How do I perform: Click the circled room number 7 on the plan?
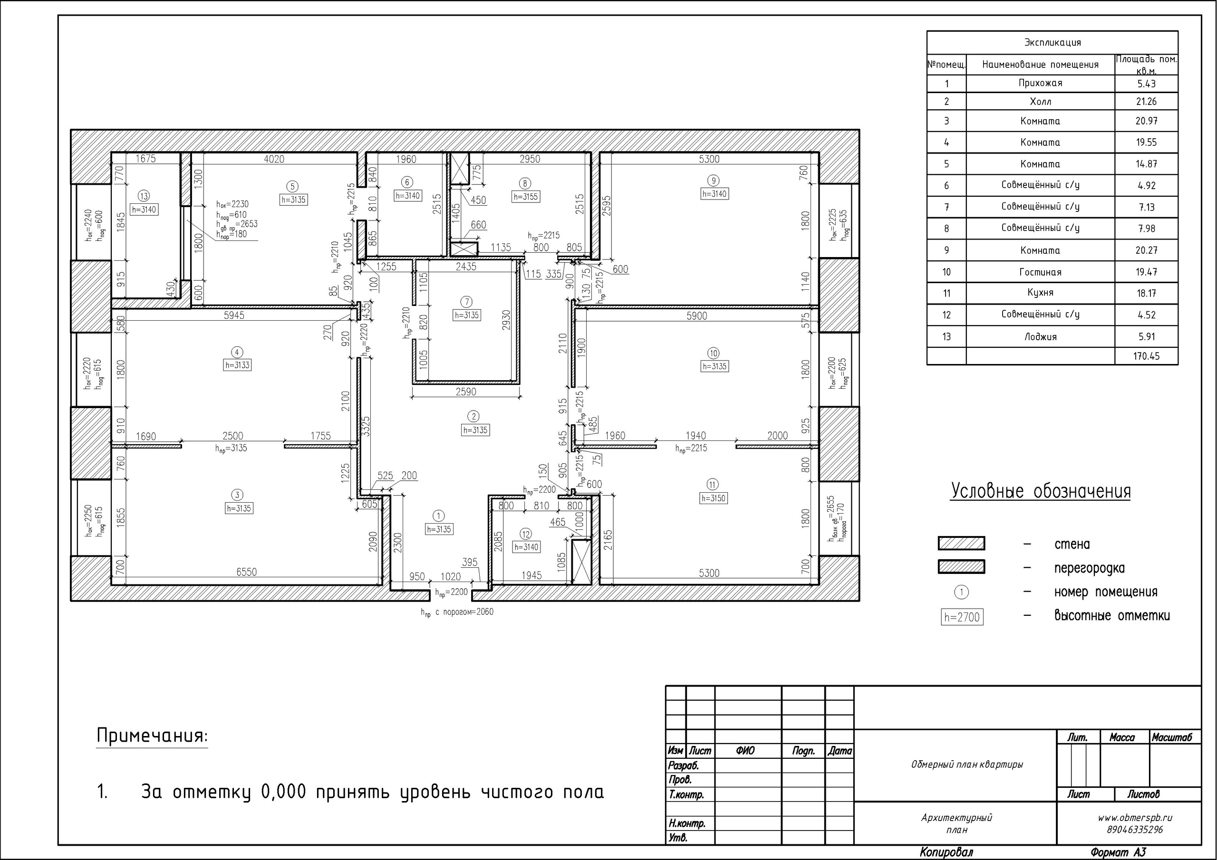click(x=466, y=302)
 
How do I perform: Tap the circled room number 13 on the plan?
click(x=144, y=196)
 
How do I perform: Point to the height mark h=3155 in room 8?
click(x=525, y=197)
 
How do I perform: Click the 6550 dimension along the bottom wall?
click(x=246, y=572)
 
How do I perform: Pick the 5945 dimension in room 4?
click(x=234, y=315)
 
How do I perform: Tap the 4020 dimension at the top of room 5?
click(x=274, y=159)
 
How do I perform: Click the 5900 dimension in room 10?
click(x=696, y=316)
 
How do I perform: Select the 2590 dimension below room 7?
click(x=466, y=392)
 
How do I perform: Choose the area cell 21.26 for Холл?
click(x=1146, y=101)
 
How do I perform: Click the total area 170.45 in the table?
click(x=1147, y=356)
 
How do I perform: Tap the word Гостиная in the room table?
click(x=1040, y=272)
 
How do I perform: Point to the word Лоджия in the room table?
click(x=1041, y=336)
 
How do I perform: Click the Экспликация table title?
click(x=1052, y=42)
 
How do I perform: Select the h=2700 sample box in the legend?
click(x=962, y=617)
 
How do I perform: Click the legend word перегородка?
click(x=1089, y=569)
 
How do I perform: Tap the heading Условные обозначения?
click(x=1040, y=491)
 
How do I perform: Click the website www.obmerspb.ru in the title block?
click(x=1135, y=818)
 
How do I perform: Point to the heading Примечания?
click(x=152, y=736)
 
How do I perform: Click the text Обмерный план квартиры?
click(x=967, y=764)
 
